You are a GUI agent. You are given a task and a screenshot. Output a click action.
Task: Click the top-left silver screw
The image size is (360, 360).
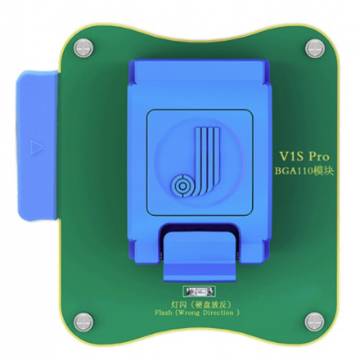point(83,48)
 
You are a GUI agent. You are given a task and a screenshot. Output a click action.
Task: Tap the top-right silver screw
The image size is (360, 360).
point(315,48)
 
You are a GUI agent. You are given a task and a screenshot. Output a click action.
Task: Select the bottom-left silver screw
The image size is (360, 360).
point(83,322)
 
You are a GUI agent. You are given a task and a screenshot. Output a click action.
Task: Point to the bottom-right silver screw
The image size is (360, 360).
point(314,322)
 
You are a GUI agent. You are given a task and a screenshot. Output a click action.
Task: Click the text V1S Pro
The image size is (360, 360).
point(304,156)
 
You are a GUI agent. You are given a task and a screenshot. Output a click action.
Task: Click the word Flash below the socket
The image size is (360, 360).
point(164,313)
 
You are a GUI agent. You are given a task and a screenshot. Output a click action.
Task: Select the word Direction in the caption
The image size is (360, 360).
point(218,313)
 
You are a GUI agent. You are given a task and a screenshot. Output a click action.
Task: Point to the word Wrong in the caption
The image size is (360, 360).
point(189,313)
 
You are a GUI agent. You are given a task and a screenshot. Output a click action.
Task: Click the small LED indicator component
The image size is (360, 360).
point(199,292)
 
